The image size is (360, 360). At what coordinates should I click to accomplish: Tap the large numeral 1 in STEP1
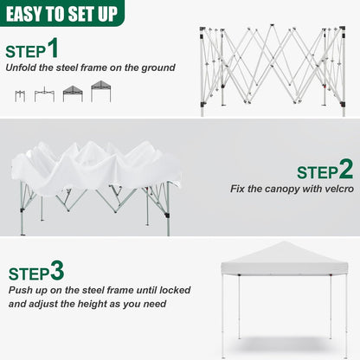(53, 48)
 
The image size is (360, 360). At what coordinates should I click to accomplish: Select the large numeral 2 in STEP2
(345, 169)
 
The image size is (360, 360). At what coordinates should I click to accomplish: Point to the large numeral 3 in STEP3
(57, 271)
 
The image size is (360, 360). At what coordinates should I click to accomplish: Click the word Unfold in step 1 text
(22, 67)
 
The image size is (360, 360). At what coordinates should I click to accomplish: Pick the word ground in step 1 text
(158, 67)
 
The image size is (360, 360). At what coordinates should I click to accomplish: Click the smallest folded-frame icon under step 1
(20, 95)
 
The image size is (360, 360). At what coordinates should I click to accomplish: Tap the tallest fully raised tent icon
(101, 91)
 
